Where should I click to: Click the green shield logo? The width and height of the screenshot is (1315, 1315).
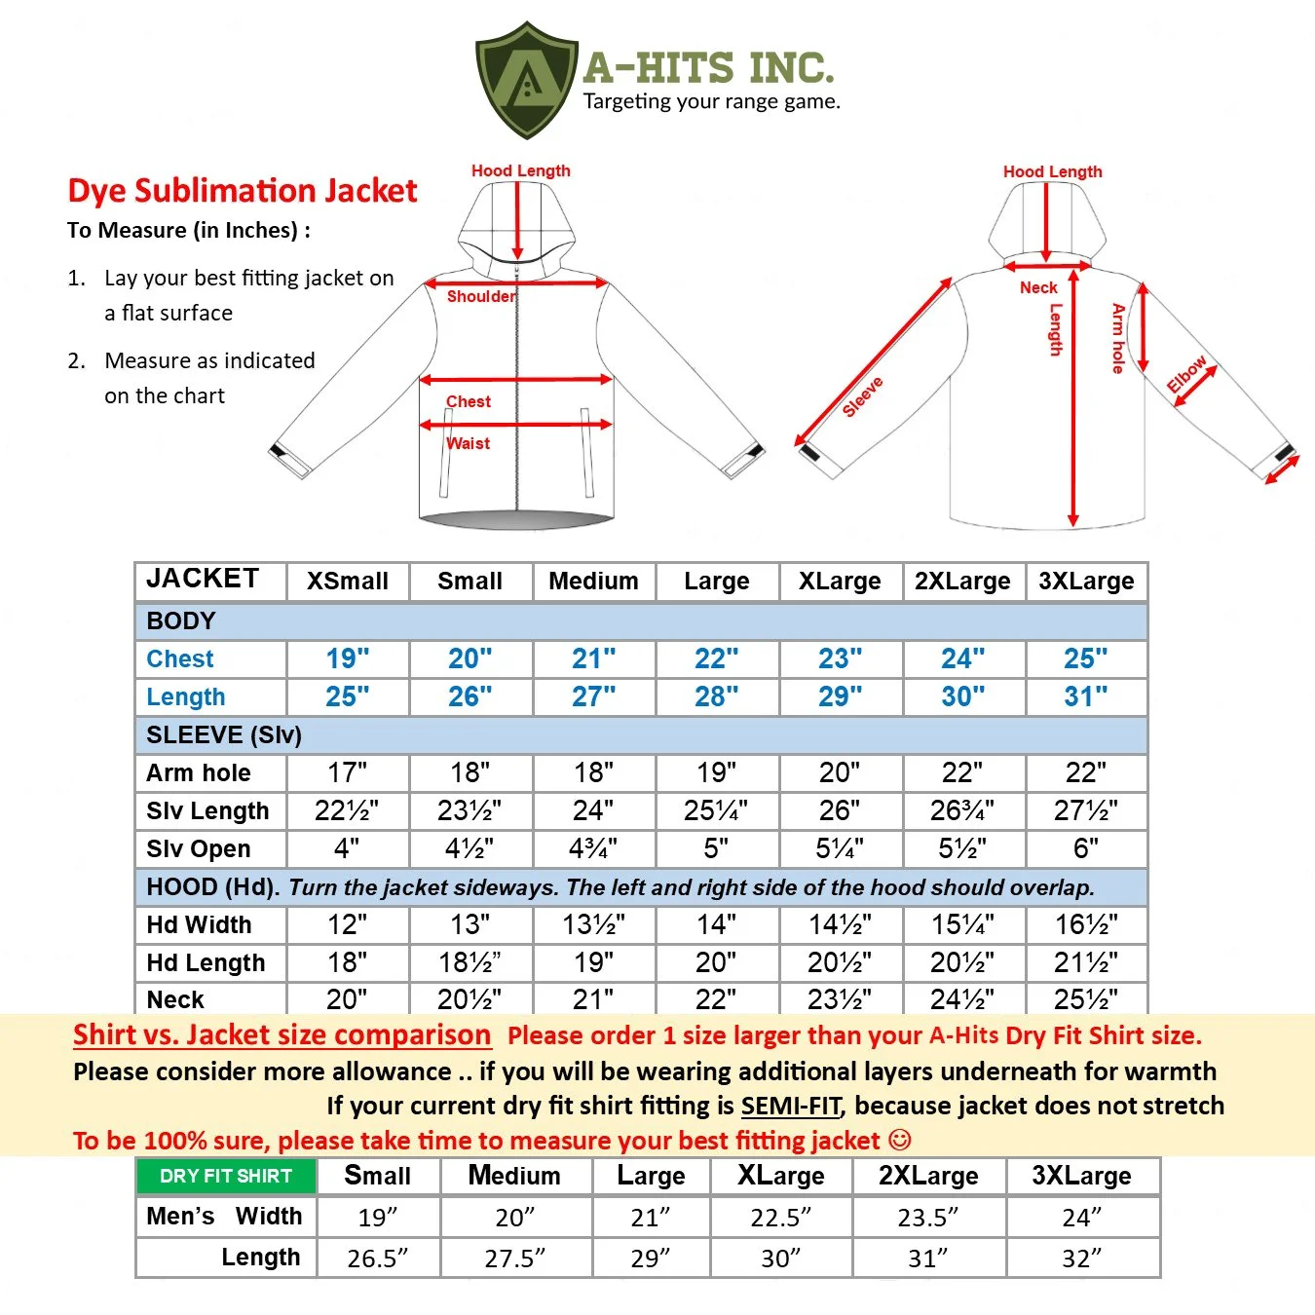(x=527, y=80)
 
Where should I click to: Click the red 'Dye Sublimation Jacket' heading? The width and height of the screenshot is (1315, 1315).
(x=243, y=191)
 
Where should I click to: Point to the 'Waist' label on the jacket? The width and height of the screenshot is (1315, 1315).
(x=469, y=443)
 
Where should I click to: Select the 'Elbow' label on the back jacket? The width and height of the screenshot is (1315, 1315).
(x=1186, y=374)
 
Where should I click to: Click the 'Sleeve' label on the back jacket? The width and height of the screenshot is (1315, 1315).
(x=863, y=396)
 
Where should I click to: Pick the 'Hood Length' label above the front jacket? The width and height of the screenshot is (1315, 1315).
(x=521, y=170)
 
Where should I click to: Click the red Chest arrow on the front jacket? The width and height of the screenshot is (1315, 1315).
(x=516, y=380)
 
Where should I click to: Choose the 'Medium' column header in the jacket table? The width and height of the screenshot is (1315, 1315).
(x=593, y=581)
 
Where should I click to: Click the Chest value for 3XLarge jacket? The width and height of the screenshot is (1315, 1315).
(x=1086, y=658)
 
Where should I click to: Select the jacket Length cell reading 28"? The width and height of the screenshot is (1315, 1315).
(x=717, y=696)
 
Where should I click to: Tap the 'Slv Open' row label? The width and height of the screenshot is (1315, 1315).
(x=199, y=849)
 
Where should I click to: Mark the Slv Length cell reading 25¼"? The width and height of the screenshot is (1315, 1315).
(x=716, y=810)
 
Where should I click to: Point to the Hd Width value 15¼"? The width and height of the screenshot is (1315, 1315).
(x=962, y=924)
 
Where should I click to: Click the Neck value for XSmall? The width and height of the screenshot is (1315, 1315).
(x=347, y=999)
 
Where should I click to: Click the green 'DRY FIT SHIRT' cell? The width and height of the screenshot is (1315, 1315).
(x=226, y=1176)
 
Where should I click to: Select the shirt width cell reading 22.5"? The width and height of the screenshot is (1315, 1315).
(x=780, y=1218)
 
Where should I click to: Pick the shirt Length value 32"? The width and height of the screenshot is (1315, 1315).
(x=1082, y=1259)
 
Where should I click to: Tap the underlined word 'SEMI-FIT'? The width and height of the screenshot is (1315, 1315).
(x=791, y=1106)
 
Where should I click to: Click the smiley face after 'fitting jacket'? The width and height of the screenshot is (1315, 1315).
(x=899, y=1140)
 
